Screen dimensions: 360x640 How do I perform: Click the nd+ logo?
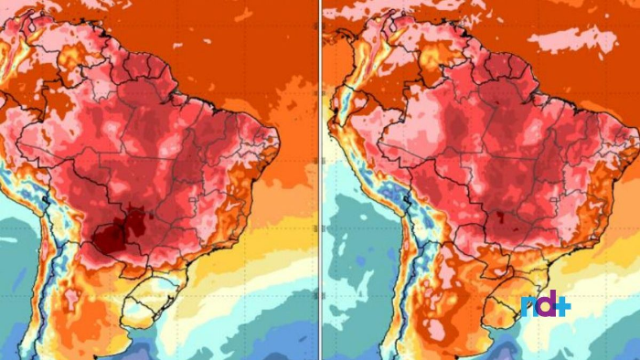click(x=546, y=305)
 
